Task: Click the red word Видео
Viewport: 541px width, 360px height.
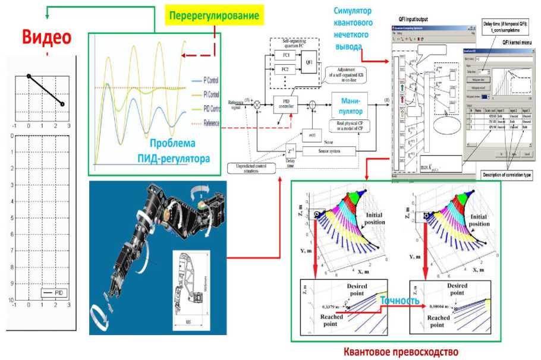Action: (x=47, y=36)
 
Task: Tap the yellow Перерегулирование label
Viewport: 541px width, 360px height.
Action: (x=215, y=15)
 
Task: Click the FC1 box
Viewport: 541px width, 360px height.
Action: (x=285, y=54)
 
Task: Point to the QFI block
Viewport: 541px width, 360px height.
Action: (x=309, y=61)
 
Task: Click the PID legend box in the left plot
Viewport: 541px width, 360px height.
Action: (x=56, y=293)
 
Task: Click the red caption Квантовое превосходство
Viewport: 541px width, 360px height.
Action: (x=401, y=352)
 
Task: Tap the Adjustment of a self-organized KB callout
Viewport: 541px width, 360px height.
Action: (x=351, y=76)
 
